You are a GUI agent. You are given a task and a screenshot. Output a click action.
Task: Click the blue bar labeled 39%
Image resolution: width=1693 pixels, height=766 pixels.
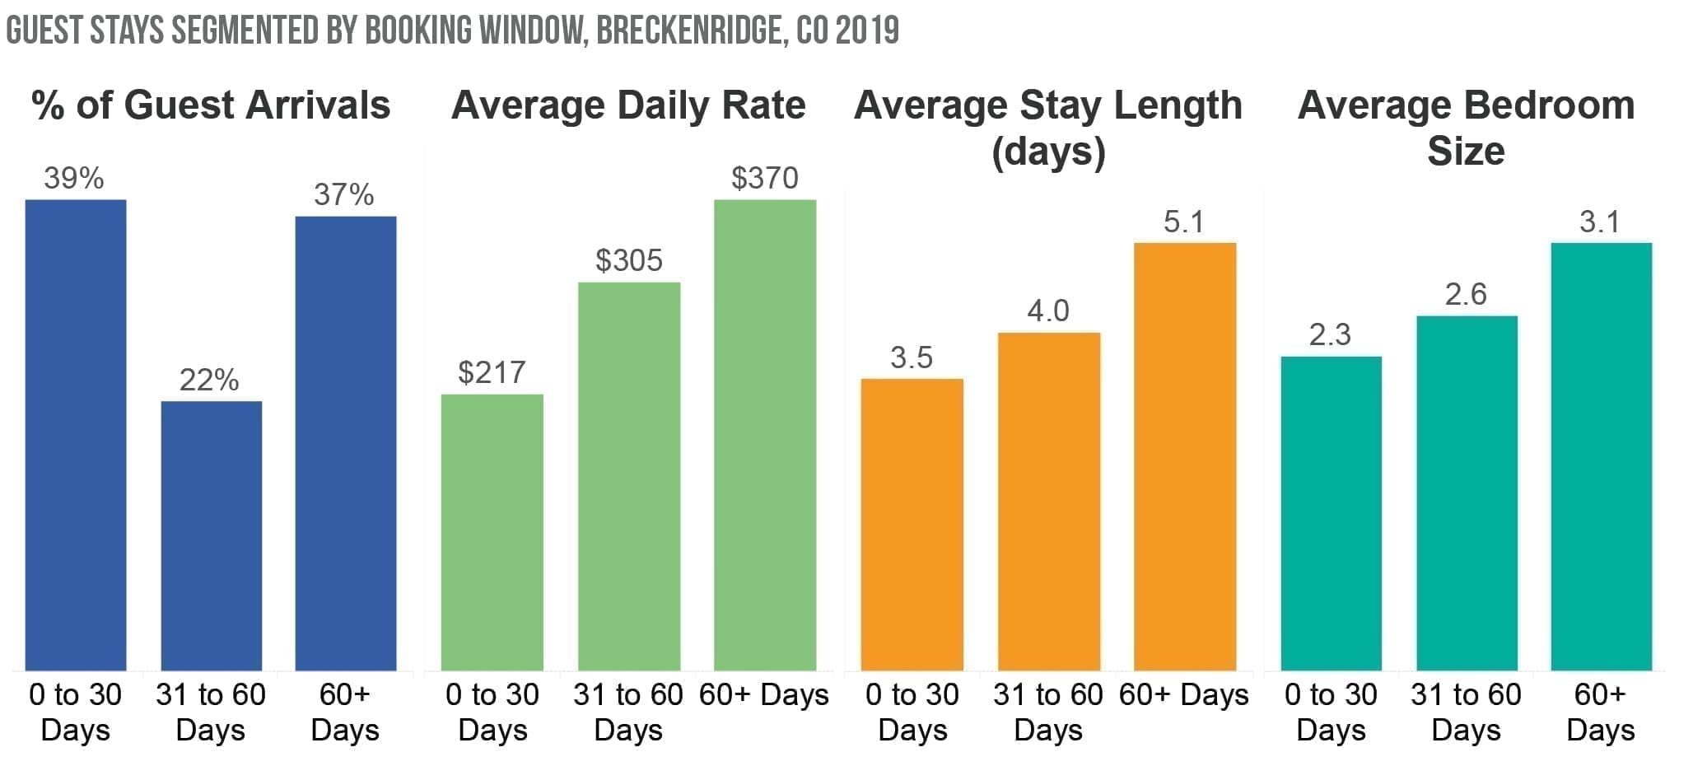(x=76, y=435)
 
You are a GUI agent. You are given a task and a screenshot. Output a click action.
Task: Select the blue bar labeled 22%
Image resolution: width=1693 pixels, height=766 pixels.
(x=211, y=535)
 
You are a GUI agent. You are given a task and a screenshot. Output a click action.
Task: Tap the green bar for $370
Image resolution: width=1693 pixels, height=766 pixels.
(x=765, y=435)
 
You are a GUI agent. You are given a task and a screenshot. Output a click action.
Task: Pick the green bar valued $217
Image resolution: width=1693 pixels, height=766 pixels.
(x=492, y=532)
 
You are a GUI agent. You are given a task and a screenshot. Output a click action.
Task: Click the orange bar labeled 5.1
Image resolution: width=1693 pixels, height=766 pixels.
(x=1185, y=456)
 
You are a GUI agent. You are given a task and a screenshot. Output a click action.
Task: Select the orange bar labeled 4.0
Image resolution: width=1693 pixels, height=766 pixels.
(x=1049, y=501)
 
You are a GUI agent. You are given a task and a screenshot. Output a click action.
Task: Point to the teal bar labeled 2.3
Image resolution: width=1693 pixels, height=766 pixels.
(x=1331, y=513)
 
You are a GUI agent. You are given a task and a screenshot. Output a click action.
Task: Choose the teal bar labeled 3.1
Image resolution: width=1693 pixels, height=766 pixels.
(x=1601, y=456)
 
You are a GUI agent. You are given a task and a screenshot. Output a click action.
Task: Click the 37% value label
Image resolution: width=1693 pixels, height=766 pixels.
(x=344, y=195)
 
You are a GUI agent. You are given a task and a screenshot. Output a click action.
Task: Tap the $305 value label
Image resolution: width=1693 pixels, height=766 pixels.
(x=629, y=261)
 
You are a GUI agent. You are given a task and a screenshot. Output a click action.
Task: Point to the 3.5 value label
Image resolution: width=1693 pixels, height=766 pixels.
(x=912, y=357)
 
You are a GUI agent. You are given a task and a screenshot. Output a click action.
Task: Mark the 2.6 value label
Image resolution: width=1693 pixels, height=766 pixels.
(x=1466, y=295)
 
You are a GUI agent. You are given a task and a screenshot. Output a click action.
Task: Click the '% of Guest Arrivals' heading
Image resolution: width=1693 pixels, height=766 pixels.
(x=211, y=105)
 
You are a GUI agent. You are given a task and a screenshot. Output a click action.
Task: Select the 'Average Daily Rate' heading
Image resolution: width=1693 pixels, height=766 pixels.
(x=628, y=105)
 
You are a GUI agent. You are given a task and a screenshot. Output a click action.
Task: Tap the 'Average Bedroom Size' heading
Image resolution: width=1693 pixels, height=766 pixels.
(x=1466, y=128)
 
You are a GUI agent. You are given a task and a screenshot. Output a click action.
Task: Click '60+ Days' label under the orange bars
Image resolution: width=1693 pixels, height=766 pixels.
(x=1184, y=695)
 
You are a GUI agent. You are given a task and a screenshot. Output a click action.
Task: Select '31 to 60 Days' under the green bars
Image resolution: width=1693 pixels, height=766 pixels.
(x=628, y=712)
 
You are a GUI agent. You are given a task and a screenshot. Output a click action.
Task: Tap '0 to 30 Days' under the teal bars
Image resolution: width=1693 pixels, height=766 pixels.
(x=1331, y=712)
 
